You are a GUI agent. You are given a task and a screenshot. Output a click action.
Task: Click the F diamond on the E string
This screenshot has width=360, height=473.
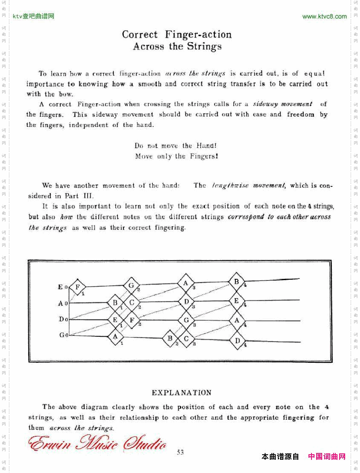coord(77,287)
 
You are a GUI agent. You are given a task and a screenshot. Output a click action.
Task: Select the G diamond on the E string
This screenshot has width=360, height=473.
coord(131,285)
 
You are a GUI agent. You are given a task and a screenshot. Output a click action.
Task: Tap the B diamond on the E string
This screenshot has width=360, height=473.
coord(237,281)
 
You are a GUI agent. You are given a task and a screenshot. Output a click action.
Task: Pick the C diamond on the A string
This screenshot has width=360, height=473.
coord(132,303)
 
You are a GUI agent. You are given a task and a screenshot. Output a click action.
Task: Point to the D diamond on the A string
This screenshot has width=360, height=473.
coord(186,301)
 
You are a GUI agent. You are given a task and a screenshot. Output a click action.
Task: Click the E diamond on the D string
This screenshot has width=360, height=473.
coord(115,320)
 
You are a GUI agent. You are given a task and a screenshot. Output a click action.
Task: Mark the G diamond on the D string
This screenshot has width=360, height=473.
coord(186,319)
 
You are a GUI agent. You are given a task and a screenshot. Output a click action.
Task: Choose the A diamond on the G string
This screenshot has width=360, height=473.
coord(115,336)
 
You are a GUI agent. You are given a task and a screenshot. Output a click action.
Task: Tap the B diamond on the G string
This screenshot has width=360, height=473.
coord(170,338)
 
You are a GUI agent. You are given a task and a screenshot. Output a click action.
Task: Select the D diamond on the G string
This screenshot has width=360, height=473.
coord(237,341)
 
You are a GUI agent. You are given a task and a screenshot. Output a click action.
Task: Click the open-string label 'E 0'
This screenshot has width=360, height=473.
coord(63,287)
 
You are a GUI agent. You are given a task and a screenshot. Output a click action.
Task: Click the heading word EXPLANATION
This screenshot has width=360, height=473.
coord(182,393)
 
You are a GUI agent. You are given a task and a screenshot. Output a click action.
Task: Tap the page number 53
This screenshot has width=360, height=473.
coord(180,452)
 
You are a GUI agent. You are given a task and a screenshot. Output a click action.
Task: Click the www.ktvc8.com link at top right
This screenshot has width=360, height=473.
coord(324,17)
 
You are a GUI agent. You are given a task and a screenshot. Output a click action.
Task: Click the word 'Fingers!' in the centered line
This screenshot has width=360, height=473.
coord(203,156)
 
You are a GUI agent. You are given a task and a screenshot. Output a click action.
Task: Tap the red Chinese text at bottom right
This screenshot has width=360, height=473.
coord(326,456)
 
